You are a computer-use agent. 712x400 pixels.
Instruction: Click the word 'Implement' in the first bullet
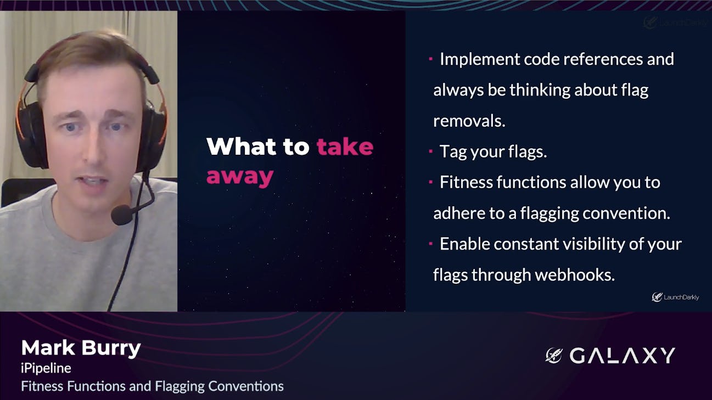point(480,60)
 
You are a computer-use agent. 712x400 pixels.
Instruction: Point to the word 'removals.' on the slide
point(469,121)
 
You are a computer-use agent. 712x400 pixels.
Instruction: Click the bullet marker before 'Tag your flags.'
point(431,151)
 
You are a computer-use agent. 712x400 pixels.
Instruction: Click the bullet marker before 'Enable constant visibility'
point(431,244)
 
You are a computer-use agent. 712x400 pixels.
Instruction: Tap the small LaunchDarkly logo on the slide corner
point(675,297)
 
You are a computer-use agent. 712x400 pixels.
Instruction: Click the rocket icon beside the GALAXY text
point(554,355)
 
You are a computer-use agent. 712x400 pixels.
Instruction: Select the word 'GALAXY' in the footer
point(622,356)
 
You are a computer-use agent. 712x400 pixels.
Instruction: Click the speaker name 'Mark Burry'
point(81,348)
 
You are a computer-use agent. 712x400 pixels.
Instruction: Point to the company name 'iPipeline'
point(46,369)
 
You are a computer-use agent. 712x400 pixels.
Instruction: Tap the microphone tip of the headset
point(121,215)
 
